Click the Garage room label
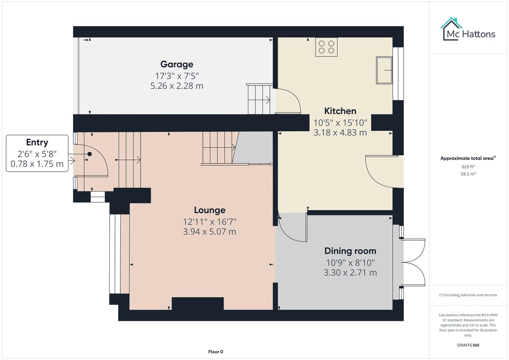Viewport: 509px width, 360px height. click(177, 64)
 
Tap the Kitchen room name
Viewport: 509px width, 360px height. click(340, 111)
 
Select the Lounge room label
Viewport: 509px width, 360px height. click(210, 210)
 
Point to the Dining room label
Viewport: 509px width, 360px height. click(350, 251)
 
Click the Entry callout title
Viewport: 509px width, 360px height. click(37, 142)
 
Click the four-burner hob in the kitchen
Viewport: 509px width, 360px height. click(326, 47)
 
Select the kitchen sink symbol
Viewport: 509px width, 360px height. click(384, 70)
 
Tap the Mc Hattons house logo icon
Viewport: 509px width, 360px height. click(451, 29)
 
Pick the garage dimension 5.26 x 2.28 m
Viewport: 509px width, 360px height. click(177, 86)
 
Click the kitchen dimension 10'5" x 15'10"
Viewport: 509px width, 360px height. click(340, 123)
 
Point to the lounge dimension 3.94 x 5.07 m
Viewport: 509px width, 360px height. click(210, 232)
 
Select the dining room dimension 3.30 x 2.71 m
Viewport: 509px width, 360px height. click(350, 273)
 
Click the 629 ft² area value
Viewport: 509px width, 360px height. click(468, 167)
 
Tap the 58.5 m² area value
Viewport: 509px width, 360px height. click(468, 174)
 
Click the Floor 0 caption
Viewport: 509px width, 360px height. click(216, 352)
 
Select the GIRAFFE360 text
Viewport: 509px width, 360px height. click(468, 345)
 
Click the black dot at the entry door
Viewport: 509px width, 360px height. click(90, 154)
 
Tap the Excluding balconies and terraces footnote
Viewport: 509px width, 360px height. click(468, 295)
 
